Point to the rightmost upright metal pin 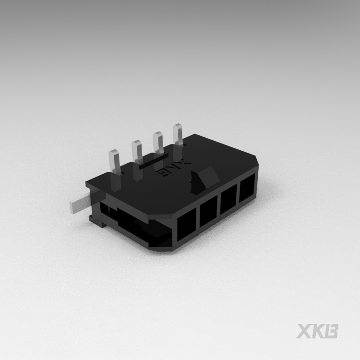click(178, 134)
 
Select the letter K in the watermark click(318, 331)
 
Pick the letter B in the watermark click(331, 331)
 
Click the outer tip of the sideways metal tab click(72, 207)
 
